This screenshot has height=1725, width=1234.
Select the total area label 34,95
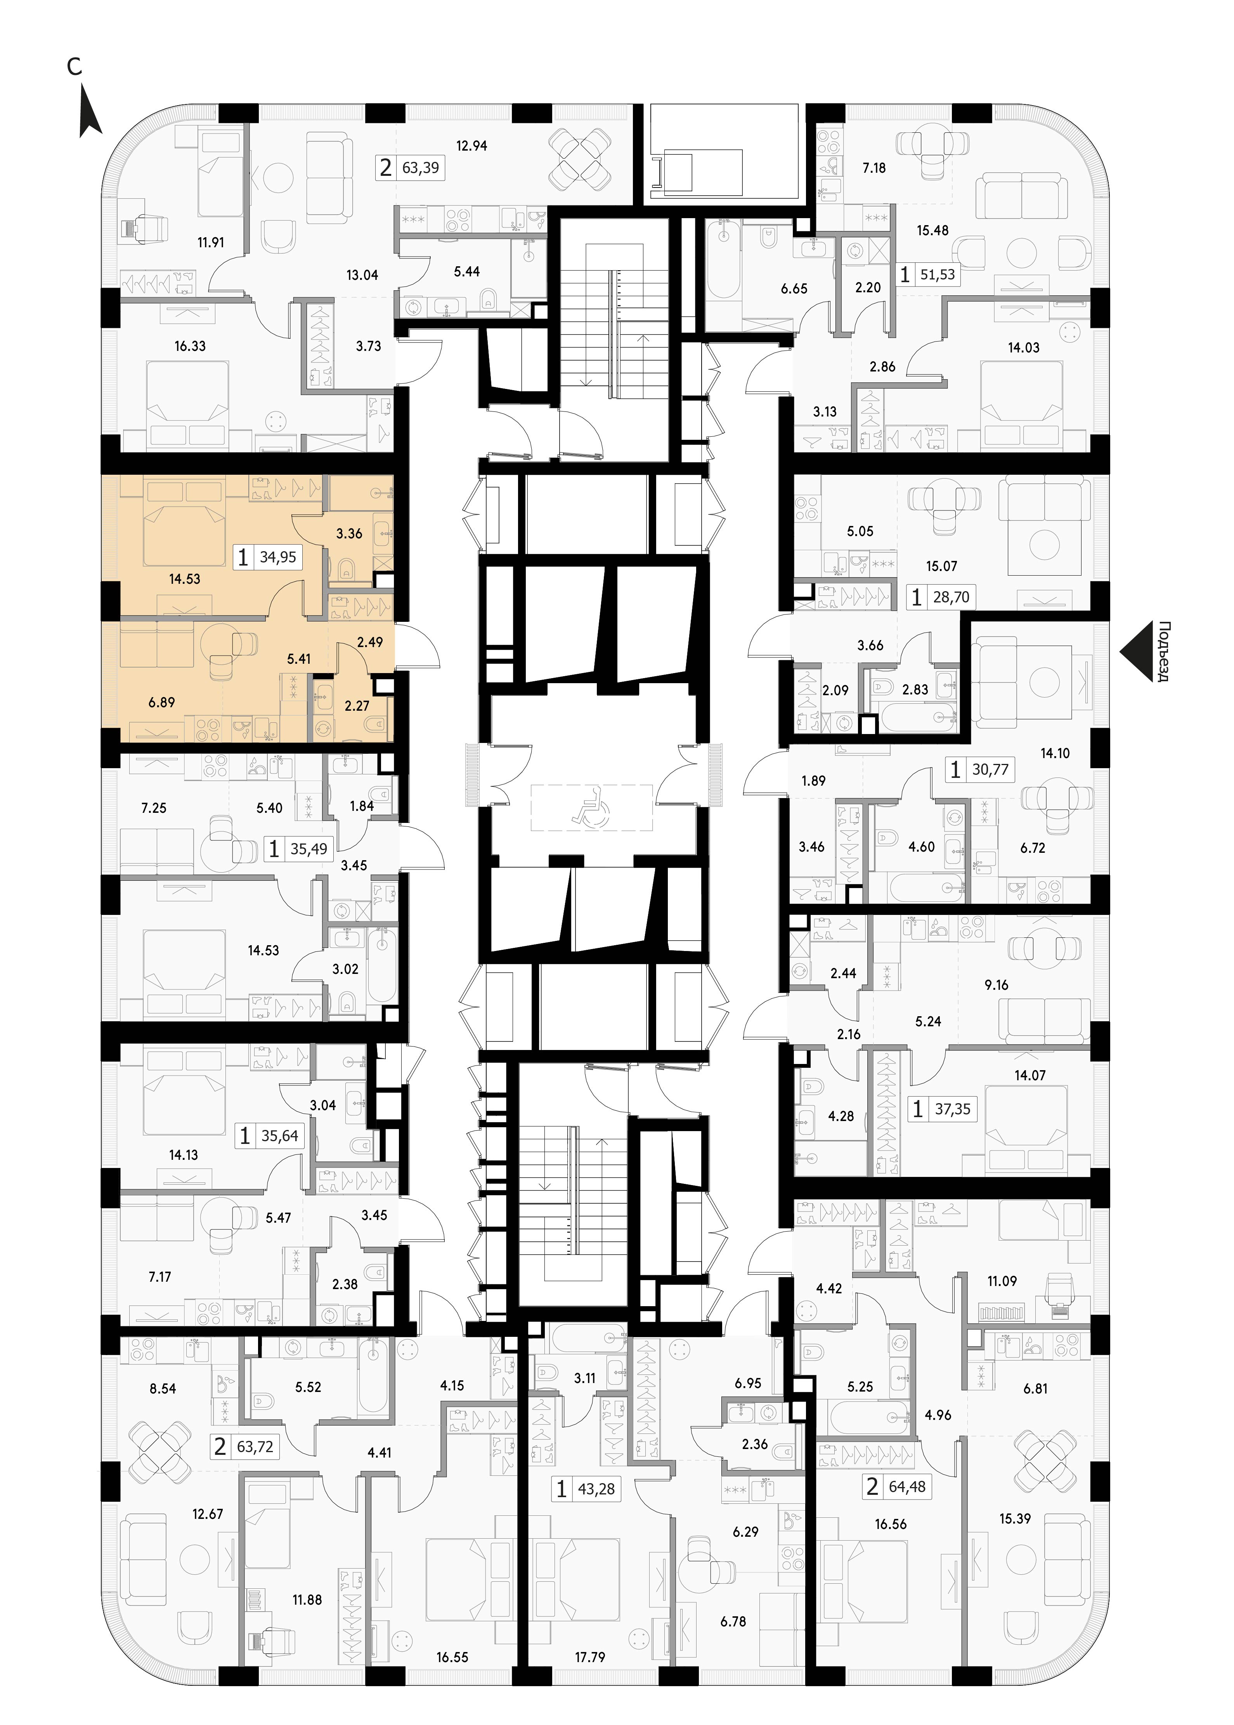coord(278,557)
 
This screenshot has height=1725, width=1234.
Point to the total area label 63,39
coord(420,167)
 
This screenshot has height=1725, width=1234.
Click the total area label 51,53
coord(938,274)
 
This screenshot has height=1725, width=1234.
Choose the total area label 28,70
coord(951,597)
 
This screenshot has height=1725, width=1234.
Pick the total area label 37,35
coord(953,1109)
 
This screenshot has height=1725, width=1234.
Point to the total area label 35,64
coord(280,1136)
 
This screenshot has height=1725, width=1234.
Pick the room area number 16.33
coord(190,346)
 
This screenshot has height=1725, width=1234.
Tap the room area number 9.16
coord(996,985)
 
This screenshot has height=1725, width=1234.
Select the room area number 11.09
coord(1002,1281)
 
